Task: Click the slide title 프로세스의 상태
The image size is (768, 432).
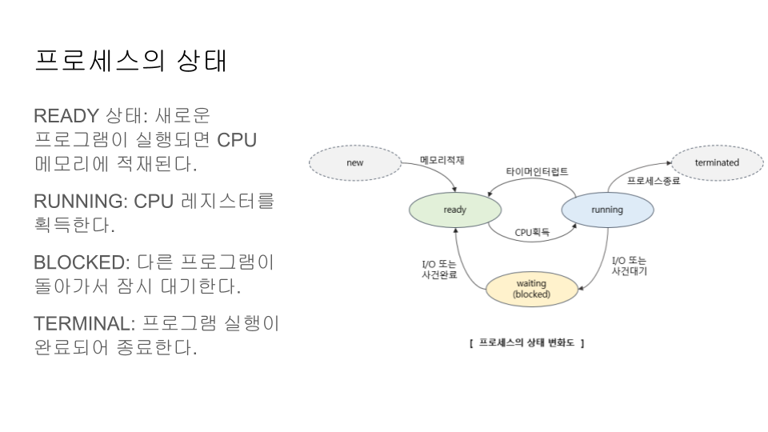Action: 130,61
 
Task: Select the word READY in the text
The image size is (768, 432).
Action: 66,116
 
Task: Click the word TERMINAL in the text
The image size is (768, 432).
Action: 83,323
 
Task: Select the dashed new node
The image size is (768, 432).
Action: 354,163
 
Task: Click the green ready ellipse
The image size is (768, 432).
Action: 454,210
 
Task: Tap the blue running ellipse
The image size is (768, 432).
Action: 607,210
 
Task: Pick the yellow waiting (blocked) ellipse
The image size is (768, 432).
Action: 531,289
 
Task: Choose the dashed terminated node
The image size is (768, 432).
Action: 717,163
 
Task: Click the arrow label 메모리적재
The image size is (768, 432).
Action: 442,160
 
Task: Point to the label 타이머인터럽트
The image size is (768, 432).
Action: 537,172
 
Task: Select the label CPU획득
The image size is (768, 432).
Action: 532,233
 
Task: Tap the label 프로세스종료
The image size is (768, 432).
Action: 653,182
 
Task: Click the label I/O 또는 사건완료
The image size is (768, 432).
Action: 438,269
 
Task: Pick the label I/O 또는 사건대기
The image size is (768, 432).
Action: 629,266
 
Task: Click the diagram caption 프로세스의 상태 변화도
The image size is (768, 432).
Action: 527,342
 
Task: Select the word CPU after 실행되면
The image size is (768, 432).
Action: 237,139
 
